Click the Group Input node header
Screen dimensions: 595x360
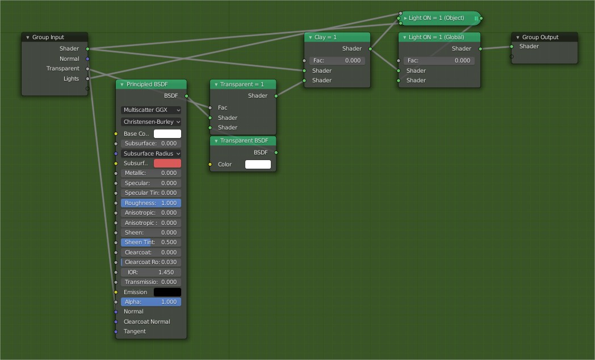coord(55,37)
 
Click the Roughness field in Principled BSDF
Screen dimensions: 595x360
coord(151,203)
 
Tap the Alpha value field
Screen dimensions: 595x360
coord(151,302)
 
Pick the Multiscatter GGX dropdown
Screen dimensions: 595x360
coord(151,110)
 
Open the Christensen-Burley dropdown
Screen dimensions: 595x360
coord(151,122)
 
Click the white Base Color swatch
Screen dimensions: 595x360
coord(167,134)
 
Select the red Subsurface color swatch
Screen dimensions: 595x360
coord(167,164)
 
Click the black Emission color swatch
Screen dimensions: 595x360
coord(167,292)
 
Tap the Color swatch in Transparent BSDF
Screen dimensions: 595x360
coord(258,165)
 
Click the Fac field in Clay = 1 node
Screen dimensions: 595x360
coord(337,61)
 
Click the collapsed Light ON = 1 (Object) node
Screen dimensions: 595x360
coord(441,18)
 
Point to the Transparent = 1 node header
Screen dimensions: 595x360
coord(243,85)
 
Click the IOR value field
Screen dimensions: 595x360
coord(151,273)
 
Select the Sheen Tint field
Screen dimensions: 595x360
coord(151,242)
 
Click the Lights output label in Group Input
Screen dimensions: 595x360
coord(71,79)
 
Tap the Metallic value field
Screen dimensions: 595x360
coord(151,173)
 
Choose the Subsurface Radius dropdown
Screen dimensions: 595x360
coord(151,153)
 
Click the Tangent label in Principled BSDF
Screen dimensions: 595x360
coord(135,332)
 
